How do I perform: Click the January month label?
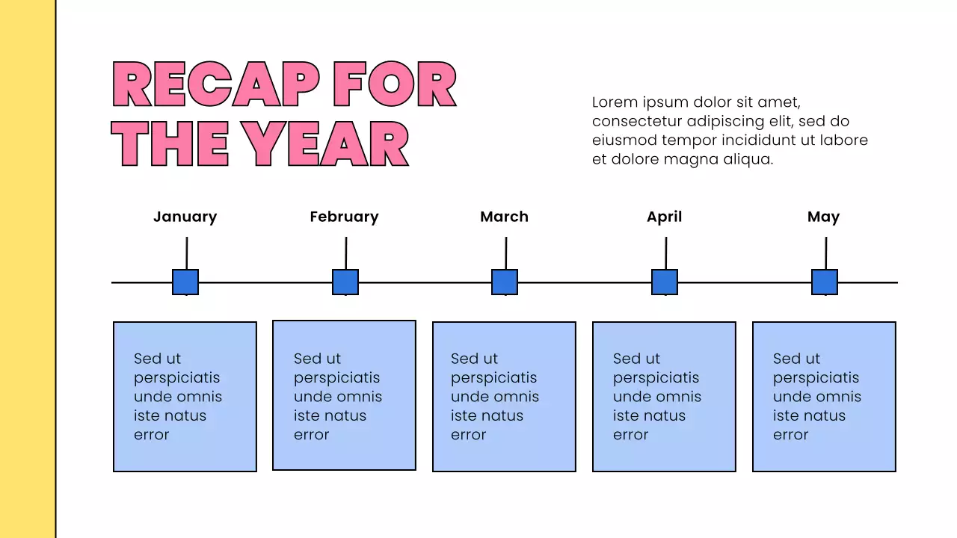click(x=185, y=217)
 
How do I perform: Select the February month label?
click(x=344, y=217)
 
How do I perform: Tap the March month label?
click(x=504, y=217)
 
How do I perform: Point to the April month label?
click(x=664, y=217)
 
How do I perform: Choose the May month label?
click(x=823, y=217)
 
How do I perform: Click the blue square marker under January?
click(x=185, y=282)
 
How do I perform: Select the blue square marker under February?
click(x=345, y=282)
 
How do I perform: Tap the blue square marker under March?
click(x=505, y=282)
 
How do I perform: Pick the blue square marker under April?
click(x=665, y=282)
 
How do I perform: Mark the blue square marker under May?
click(x=825, y=282)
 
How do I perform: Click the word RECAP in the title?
click(x=216, y=84)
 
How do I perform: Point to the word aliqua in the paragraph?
click(x=747, y=159)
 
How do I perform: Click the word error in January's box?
click(x=152, y=435)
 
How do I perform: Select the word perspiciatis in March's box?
click(x=493, y=377)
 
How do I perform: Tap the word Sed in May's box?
click(x=786, y=359)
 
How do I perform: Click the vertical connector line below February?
click(x=346, y=253)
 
